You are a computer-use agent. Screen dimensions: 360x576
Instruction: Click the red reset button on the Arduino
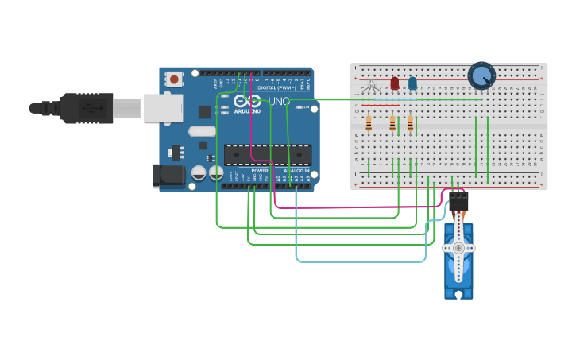pyautogui.click(x=174, y=79)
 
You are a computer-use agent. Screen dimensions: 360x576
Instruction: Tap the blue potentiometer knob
pyautogui.click(x=481, y=75)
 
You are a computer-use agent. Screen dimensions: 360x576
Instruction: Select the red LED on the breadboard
pyautogui.click(x=394, y=83)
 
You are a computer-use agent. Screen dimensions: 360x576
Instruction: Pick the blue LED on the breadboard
pyautogui.click(x=412, y=83)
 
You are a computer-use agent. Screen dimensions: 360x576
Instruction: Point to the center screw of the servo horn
pyautogui.click(x=458, y=248)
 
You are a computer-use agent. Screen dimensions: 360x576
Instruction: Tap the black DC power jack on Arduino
pyautogui.click(x=168, y=176)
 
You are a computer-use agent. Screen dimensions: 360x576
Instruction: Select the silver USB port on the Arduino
pyautogui.click(x=163, y=108)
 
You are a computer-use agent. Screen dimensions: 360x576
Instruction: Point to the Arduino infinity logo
pyautogui.click(x=247, y=102)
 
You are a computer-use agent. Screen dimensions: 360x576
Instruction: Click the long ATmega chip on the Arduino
pyautogui.click(x=267, y=154)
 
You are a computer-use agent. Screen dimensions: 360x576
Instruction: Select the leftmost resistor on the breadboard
pyautogui.click(x=369, y=123)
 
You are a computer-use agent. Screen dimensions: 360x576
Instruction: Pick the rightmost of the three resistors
pyautogui.click(x=410, y=123)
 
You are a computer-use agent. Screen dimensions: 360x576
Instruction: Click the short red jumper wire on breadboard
pyautogui.click(x=381, y=105)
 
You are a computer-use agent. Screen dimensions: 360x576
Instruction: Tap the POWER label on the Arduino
pyautogui.click(x=260, y=170)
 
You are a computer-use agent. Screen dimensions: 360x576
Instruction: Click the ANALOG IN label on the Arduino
pyautogui.click(x=296, y=170)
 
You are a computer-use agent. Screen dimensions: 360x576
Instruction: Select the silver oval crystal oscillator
pyautogui.click(x=203, y=131)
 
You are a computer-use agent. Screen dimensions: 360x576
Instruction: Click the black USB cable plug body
pyautogui.click(x=88, y=108)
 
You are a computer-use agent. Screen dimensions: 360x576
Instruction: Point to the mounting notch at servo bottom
pyautogui.click(x=459, y=295)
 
